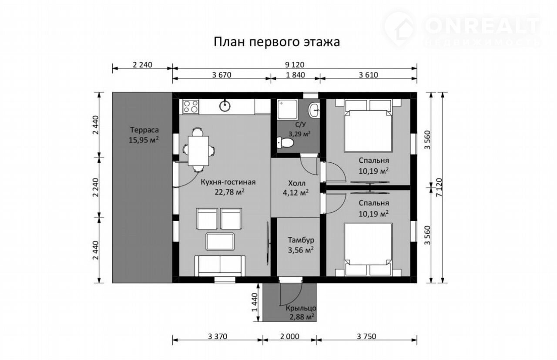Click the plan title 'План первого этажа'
(x=277, y=42)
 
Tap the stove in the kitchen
(x=191, y=107)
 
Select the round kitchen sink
(x=225, y=106)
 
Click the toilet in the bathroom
(x=285, y=143)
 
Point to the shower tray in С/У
(x=288, y=109)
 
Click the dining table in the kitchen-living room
(x=198, y=151)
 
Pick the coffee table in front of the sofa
(x=220, y=242)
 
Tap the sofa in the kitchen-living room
(x=220, y=266)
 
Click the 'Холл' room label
(x=297, y=184)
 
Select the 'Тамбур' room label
(x=301, y=240)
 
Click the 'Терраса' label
(x=144, y=130)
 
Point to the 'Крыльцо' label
(x=301, y=309)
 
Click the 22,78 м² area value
(x=229, y=192)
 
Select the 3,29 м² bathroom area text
(x=299, y=134)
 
